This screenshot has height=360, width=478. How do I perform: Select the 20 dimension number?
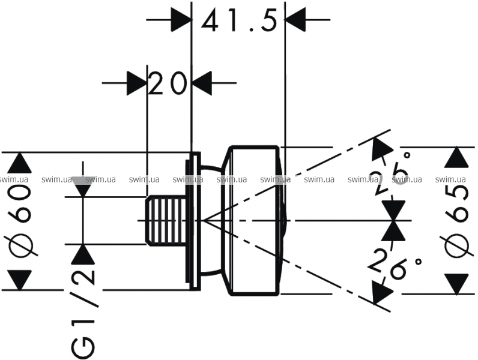click(x=168, y=84)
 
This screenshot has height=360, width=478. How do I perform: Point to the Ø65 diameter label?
click(x=458, y=220)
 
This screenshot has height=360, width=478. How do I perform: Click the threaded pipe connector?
click(x=166, y=220)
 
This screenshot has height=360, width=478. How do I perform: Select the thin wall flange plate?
click(x=193, y=220)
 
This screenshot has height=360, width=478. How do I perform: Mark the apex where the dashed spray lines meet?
click(x=204, y=220)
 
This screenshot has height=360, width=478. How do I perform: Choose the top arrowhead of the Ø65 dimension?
click(x=458, y=158)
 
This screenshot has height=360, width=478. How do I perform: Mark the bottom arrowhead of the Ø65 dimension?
click(x=458, y=284)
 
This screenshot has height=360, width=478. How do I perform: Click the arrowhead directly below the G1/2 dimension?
click(x=83, y=255)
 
